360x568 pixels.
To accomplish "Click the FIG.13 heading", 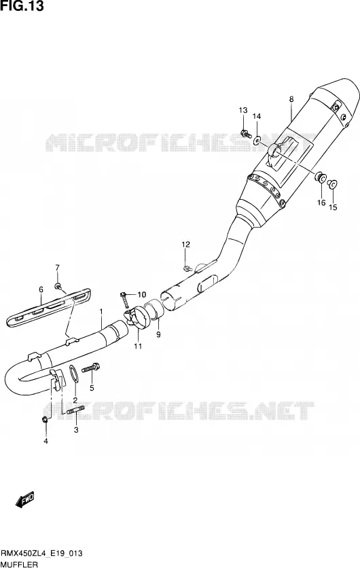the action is [22, 6].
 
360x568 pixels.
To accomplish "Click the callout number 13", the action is [242, 110].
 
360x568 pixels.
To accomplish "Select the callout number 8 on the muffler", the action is [291, 99].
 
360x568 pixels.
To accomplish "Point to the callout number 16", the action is [321, 202].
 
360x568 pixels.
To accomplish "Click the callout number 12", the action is [185, 245].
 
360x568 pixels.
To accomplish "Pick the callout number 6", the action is [41, 289].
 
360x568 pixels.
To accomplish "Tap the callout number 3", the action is [76, 430].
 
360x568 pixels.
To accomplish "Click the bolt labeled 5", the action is [90, 368].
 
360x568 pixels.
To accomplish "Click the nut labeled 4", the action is [45, 420].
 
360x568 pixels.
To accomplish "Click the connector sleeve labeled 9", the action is [152, 310].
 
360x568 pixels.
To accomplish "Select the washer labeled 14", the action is [257, 140].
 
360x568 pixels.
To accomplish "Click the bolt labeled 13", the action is [246, 134].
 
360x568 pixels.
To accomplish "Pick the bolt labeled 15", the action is [333, 184].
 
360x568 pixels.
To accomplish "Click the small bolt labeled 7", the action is [58, 287].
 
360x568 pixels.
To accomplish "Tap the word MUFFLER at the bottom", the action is [20, 564].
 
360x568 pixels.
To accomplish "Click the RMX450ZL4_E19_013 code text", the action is [41, 553].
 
